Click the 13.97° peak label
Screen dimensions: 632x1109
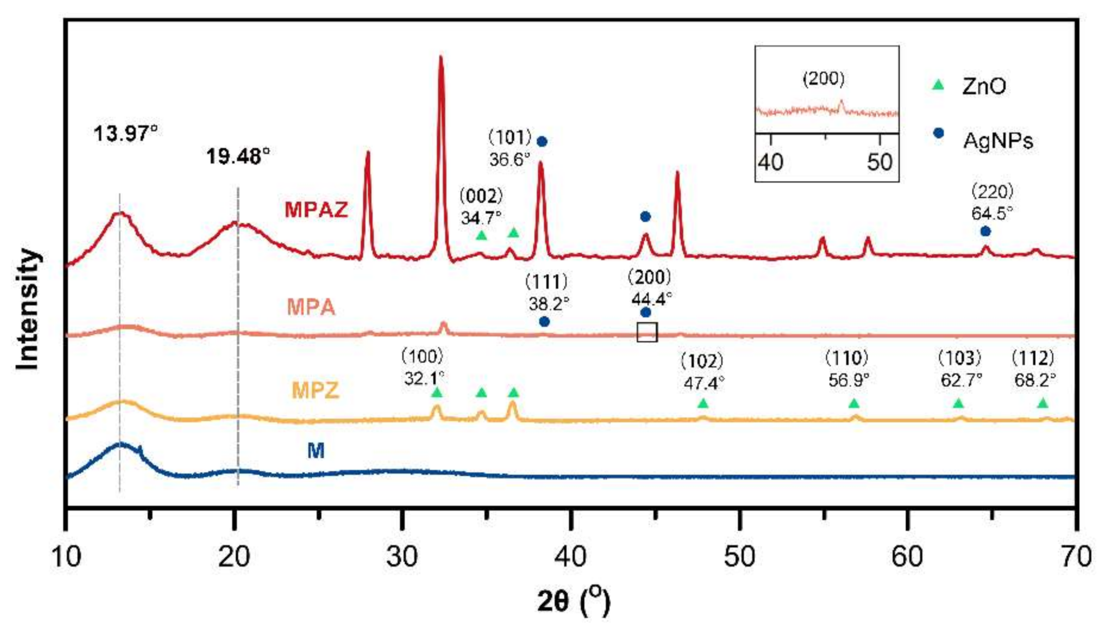point(125,133)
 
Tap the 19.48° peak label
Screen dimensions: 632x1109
point(238,156)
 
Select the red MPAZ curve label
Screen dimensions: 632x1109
point(316,210)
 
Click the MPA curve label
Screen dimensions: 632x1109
point(311,307)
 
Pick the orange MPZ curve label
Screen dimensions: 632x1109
point(315,390)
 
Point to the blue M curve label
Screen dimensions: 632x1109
point(316,451)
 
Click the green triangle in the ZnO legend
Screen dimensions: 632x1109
point(938,85)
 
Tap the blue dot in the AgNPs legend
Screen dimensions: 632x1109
point(939,133)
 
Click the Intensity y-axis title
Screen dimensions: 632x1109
point(28,310)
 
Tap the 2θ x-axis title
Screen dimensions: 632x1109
point(574,601)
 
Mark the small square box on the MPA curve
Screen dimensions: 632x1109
point(647,332)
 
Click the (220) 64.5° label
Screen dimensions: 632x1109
point(992,202)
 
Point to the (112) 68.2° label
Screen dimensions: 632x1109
point(1034,369)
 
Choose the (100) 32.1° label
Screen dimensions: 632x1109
point(423,368)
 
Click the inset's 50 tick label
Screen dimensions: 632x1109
point(879,162)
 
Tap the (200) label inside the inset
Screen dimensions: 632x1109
point(823,78)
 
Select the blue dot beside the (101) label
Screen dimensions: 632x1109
point(542,141)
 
